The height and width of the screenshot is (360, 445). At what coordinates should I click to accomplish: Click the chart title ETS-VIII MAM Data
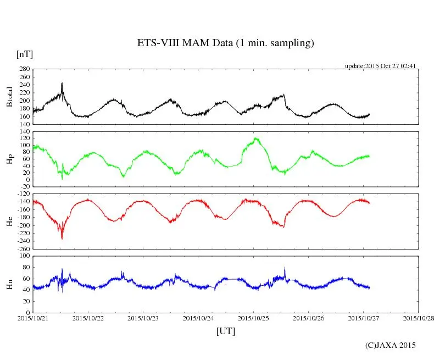pos(225,43)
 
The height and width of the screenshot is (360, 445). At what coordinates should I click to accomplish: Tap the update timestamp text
pos(380,66)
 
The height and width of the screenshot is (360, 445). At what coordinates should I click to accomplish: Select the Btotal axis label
pos(9,97)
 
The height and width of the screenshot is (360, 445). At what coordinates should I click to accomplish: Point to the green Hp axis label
pos(9,160)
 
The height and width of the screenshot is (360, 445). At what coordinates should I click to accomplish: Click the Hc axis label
pos(9,221)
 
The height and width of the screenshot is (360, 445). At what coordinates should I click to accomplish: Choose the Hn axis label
pos(9,284)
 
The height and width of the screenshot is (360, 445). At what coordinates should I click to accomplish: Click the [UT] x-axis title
pos(226,331)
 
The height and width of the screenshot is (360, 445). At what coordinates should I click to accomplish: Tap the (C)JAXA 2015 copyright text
pos(391,345)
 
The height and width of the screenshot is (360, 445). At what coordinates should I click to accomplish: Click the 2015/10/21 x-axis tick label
pos(33,318)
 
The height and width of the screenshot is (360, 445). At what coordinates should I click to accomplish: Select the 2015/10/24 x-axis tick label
pos(198,318)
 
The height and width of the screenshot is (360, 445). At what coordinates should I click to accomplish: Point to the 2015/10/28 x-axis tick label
pos(419,318)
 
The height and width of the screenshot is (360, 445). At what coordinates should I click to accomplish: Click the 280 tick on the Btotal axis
pos(24,69)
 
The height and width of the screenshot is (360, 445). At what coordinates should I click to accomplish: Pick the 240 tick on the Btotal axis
pos(24,85)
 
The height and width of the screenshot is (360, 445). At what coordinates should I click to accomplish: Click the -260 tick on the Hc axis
pos(23,248)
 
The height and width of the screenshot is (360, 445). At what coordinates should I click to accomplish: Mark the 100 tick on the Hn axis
pos(24,256)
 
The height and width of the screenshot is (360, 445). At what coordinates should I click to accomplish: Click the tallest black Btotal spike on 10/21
pos(62,83)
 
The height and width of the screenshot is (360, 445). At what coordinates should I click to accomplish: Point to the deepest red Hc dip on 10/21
pos(62,238)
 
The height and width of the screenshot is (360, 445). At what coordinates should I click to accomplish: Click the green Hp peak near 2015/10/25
pos(255,138)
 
